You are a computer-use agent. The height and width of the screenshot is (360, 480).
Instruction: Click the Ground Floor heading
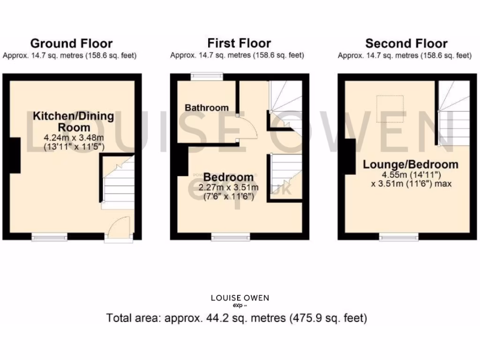coord(71,44)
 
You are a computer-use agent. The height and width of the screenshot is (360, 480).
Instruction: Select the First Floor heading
coord(239,44)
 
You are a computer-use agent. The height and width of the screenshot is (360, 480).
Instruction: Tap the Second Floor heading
coord(406,44)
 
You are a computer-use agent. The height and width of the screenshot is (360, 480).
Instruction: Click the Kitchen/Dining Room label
coord(74,121)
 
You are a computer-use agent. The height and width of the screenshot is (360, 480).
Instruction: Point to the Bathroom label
coord(206,108)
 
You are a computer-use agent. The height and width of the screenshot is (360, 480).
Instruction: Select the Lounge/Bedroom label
coord(411,165)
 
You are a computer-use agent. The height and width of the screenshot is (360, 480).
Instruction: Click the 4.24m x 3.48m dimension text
coord(74,138)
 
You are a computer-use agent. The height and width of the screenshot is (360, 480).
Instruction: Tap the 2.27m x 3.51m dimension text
coord(228,187)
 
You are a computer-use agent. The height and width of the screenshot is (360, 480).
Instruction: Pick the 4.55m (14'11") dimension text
coord(411,175)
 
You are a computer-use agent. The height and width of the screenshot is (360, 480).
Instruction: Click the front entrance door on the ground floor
coord(118,230)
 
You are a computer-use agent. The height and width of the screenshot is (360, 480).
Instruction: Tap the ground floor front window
coord(49,237)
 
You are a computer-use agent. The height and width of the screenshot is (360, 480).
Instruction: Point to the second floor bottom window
coord(399,237)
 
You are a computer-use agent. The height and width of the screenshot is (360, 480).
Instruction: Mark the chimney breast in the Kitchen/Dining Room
coord(15,155)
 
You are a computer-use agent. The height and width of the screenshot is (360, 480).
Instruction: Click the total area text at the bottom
coord(237,318)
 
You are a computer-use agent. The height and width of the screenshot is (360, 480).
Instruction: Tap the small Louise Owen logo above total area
coord(240,300)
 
